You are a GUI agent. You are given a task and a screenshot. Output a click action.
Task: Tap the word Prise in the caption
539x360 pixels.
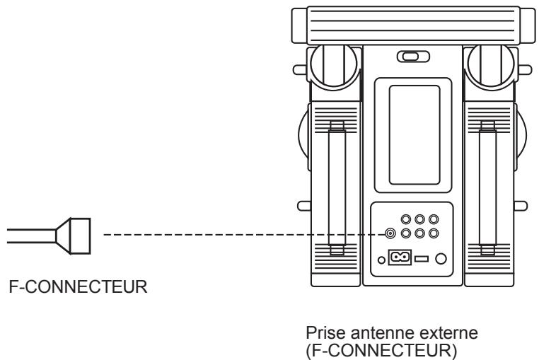coord(321,333)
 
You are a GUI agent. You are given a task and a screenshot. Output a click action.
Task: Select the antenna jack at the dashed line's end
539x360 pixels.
coord(390,233)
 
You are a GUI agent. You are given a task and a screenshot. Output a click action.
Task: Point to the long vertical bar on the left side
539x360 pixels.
coord(337,187)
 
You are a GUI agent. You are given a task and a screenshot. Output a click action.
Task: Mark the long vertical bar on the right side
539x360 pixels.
coord(486,187)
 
